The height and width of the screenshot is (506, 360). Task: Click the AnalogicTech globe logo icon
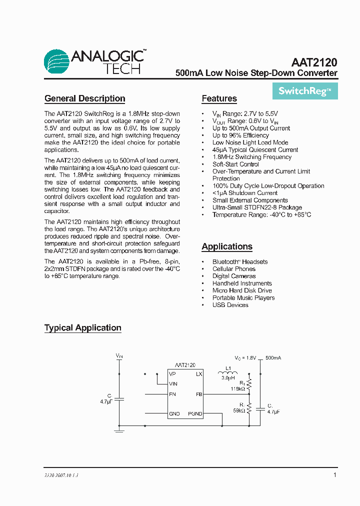56,61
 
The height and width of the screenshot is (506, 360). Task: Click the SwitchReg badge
305,91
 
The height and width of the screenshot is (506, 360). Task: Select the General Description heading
84,98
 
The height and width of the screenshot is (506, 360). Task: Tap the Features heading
219,98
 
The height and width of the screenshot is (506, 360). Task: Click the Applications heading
226,246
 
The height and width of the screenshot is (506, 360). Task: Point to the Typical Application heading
82,328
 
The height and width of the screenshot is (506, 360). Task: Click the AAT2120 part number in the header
314,63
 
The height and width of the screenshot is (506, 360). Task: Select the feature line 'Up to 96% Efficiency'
240,135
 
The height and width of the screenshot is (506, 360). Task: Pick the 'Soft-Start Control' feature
235,164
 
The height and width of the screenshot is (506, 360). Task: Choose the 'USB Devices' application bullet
230,305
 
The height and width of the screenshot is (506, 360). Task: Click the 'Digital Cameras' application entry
234,276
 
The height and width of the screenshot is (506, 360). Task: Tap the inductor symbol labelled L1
227,373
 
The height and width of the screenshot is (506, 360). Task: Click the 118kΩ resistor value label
237,388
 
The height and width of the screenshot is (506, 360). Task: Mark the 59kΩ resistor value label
238,410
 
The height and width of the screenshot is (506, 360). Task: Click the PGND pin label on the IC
195,414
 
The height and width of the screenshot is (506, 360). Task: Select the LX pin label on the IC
198,374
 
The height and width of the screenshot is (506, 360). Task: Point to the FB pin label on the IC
198,394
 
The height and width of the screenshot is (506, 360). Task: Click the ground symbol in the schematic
119,429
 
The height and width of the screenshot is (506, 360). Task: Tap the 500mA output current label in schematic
273,358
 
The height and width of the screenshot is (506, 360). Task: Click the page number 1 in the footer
334,475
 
